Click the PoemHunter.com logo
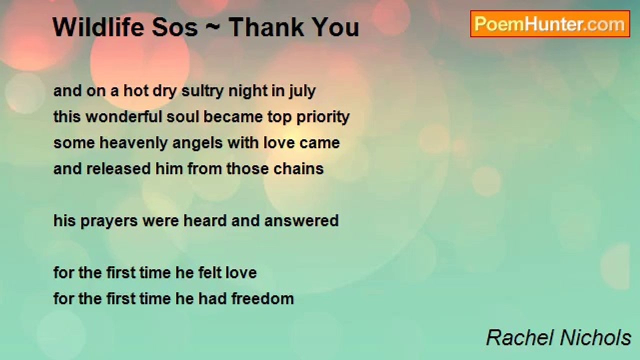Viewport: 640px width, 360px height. point(549,24)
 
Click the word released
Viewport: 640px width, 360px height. point(118,168)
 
